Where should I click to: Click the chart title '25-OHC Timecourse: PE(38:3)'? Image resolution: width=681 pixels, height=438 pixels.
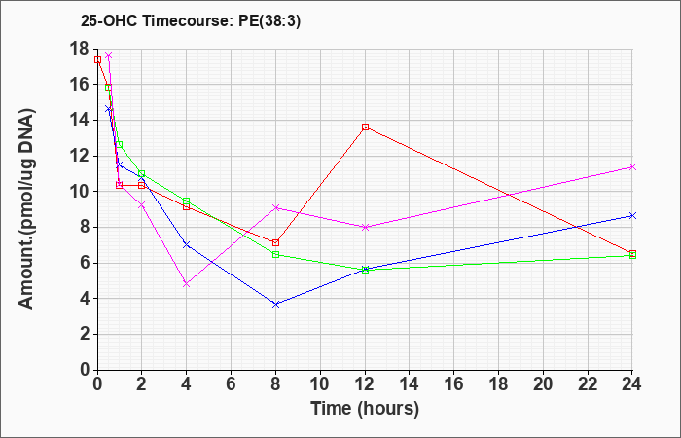click(x=191, y=21)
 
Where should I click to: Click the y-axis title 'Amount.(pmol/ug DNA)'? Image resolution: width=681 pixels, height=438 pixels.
click(x=26, y=208)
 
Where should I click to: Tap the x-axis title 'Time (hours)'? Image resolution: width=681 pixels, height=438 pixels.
click(x=365, y=409)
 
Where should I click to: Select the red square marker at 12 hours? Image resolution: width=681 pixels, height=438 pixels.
click(x=365, y=127)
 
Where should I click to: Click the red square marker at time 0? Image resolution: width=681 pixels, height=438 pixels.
click(x=97, y=60)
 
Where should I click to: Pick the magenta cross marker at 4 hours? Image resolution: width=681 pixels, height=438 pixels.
click(x=187, y=284)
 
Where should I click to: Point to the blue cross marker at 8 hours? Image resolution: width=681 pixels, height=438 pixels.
click(x=275, y=304)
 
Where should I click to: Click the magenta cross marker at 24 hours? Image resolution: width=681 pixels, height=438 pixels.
click(x=632, y=166)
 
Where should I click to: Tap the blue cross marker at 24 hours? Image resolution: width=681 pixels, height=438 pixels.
click(x=632, y=215)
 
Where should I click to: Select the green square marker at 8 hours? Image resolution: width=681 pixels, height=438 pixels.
click(x=275, y=255)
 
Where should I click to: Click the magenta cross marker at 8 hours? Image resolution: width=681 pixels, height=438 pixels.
click(x=275, y=207)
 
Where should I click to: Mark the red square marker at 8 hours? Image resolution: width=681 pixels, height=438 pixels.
click(x=275, y=242)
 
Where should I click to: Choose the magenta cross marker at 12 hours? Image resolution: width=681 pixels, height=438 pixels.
click(x=365, y=227)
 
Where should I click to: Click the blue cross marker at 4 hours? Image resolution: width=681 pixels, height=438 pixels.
click(x=187, y=244)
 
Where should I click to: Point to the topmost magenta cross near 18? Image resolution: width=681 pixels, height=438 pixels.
click(x=109, y=55)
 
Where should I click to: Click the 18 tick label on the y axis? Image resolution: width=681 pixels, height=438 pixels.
click(x=80, y=49)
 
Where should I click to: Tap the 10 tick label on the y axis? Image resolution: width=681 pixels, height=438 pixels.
click(x=80, y=192)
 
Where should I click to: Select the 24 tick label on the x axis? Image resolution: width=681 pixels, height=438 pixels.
click(x=632, y=383)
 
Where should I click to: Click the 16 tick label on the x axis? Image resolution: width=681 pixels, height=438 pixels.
click(x=454, y=383)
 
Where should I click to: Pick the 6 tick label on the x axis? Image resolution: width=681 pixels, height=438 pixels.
click(x=232, y=383)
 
